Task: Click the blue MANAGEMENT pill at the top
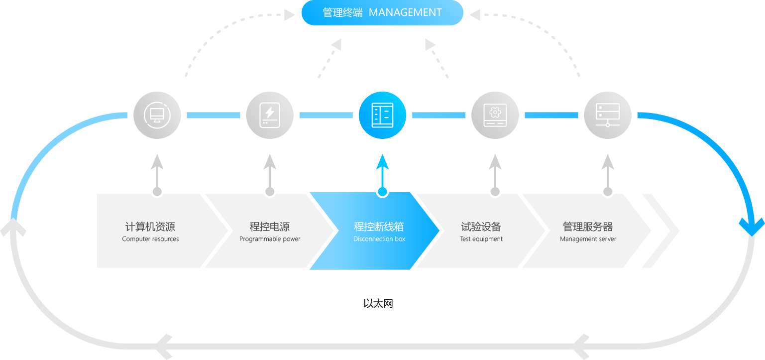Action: click(382, 12)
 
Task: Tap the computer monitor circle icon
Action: click(157, 115)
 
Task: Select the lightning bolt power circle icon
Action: click(270, 115)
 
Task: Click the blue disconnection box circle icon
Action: click(382, 115)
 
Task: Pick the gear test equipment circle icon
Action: click(495, 115)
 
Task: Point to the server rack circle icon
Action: click(607, 115)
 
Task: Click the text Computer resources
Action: click(150, 239)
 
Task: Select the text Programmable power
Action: click(270, 239)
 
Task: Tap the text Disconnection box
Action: click(379, 239)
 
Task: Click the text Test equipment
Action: click(481, 239)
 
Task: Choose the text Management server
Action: click(588, 239)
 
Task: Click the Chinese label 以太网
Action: click(378, 303)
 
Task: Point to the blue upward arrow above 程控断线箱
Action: click(382, 167)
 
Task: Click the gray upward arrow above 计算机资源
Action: click(157, 167)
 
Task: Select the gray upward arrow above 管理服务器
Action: click(607, 167)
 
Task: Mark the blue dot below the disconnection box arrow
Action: click(382, 192)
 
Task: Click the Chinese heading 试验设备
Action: click(481, 227)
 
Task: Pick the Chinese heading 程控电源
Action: click(270, 227)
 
